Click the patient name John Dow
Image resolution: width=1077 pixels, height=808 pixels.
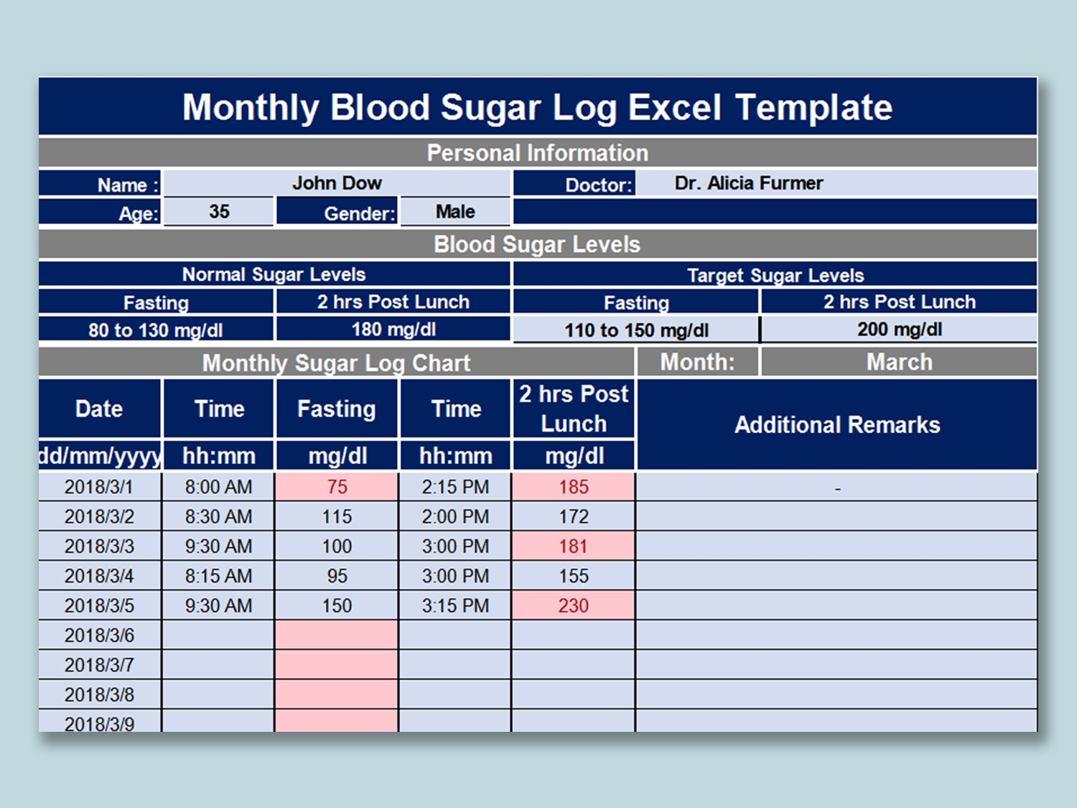(x=337, y=183)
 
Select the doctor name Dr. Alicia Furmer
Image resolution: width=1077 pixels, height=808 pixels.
(x=748, y=183)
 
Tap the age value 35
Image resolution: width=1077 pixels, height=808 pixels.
(x=219, y=212)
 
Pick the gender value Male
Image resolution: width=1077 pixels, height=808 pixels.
(x=455, y=212)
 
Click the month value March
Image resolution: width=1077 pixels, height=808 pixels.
(x=899, y=362)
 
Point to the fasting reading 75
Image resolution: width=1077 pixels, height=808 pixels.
(x=337, y=487)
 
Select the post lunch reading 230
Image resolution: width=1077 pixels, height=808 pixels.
(x=573, y=605)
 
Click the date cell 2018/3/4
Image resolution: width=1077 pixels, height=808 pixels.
(x=99, y=576)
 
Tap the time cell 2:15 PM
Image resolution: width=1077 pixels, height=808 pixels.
(x=455, y=487)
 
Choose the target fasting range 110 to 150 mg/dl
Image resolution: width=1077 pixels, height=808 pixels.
(x=636, y=330)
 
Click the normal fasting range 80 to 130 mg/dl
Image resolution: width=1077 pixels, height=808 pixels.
(x=156, y=330)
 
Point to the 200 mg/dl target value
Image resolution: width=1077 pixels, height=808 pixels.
(x=899, y=330)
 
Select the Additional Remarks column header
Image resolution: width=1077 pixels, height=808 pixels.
(x=837, y=425)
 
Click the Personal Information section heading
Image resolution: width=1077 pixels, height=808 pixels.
(x=538, y=153)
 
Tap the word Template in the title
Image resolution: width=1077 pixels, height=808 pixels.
(x=813, y=108)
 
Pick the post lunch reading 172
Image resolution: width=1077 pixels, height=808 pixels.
(x=573, y=516)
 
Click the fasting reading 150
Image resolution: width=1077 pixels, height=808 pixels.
(x=337, y=605)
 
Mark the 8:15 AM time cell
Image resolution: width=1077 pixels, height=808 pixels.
(x=218, y=576)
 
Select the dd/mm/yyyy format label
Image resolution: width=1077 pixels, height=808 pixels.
(x=100, y=456)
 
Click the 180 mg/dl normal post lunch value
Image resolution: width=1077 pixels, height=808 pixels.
(x=393, y=330)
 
